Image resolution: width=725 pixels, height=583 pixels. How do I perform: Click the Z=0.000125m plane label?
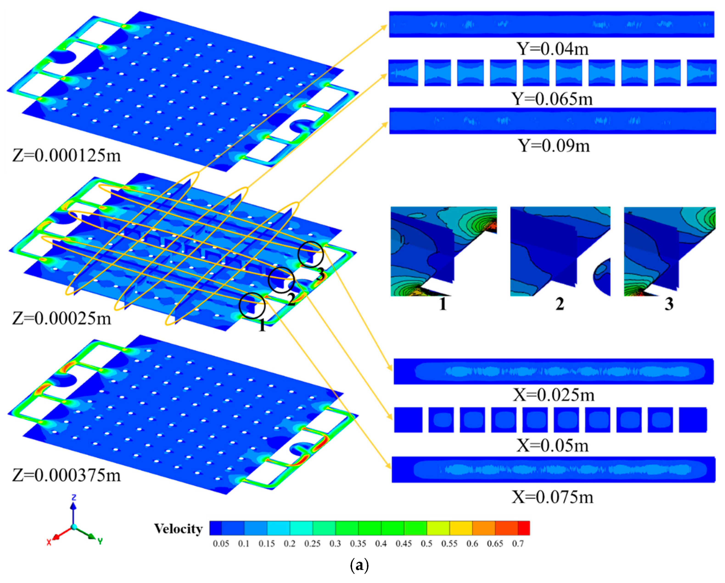[x=67, y=155]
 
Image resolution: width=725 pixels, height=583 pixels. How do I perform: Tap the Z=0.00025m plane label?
[x=62, y=318]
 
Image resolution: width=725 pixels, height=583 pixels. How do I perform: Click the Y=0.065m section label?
[x=552, y=99]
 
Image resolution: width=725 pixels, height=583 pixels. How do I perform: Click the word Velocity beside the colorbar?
[x=178, y=529]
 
